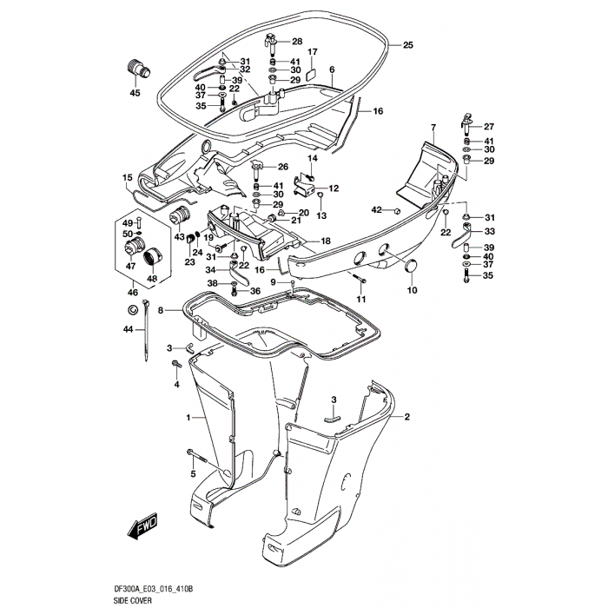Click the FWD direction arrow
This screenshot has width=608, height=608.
pyautogui.click(x=141, y=529)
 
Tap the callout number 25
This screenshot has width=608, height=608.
pyautogui.click(x=408, y=45)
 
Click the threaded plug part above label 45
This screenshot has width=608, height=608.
pyautogui.click(x=138, y=68)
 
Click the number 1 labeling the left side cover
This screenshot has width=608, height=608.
pyautogui.click(x=188, y=420)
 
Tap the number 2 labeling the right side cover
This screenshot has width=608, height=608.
pyautogui.click(x=405, y=417)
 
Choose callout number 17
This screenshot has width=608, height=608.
pyautogui.click(x=313, y=52)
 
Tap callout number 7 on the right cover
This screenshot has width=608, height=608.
pyautogui.click(x=432, y=128)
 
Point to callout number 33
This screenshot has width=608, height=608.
pyautogui.click(x=489, y=232)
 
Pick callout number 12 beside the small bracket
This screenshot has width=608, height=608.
pyautogui.click(x=333, y=188)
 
